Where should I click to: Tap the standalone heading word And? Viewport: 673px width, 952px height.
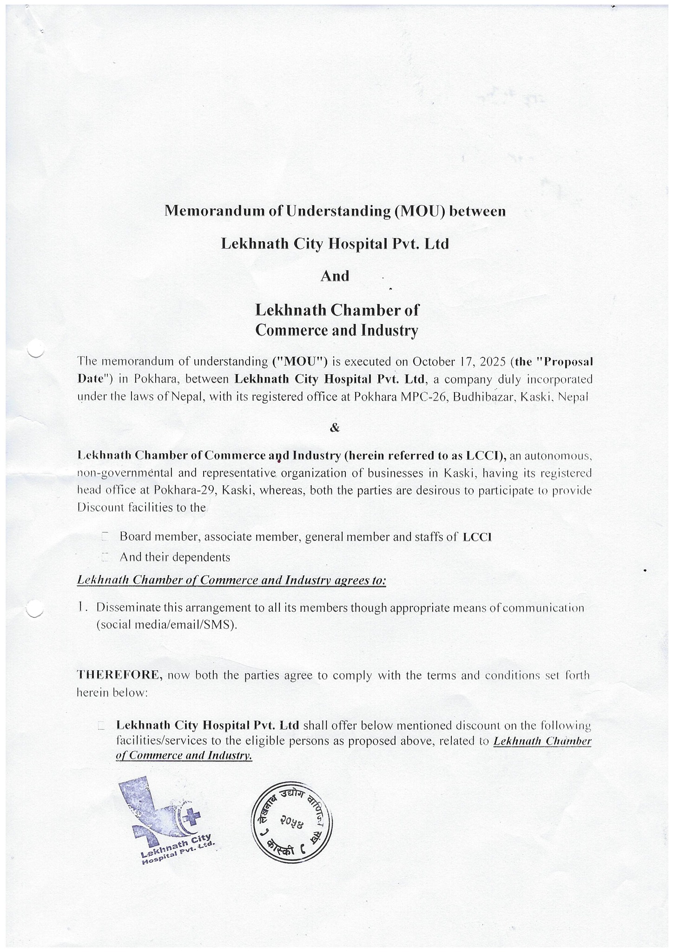click(x=335, y=276)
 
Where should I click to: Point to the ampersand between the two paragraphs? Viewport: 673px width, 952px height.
click(x=335, y=428)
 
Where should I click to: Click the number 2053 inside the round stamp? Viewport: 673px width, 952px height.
click(x=292, y=822)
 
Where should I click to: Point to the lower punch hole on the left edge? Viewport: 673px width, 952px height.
click(x=35, y=607)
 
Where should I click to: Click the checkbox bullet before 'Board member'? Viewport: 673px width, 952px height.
click(x=104, y=537)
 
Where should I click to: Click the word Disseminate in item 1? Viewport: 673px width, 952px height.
click(x=126, y=608)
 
